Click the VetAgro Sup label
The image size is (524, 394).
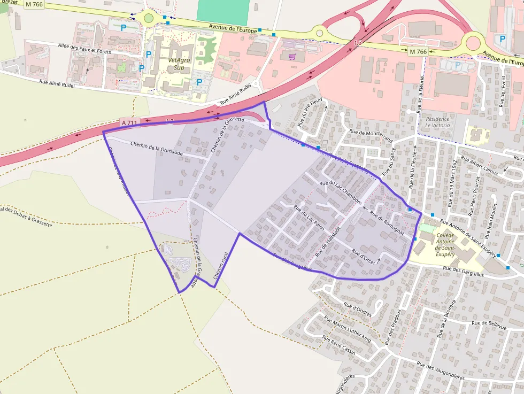pos(179,64)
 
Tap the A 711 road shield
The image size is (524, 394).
pos(129,123)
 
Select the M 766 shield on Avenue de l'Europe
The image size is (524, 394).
pos(418,52)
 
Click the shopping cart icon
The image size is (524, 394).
pos(292,56)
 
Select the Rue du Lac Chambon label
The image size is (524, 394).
pos(341,191)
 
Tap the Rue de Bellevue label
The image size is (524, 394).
pos(488,323)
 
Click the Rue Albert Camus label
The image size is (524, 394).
pos(479,166)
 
